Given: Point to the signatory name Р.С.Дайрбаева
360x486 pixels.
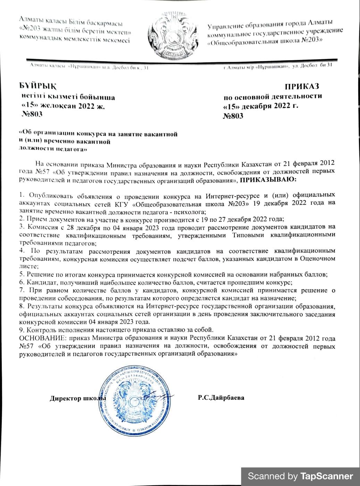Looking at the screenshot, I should pyautogui.click(x=221, y=397).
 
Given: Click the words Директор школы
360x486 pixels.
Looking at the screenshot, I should pyautogui.click(x=77, y=398).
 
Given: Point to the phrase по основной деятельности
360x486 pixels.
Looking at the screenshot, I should pyautogui.click(x=273, y=96).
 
